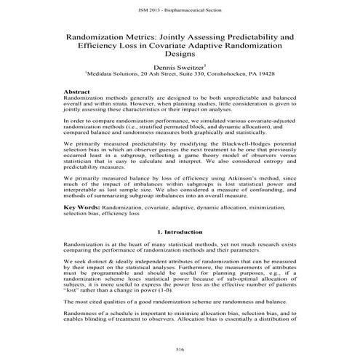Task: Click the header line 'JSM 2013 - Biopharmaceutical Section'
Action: point(180,11)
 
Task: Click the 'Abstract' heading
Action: point(77,92)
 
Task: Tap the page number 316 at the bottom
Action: point(180,350)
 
